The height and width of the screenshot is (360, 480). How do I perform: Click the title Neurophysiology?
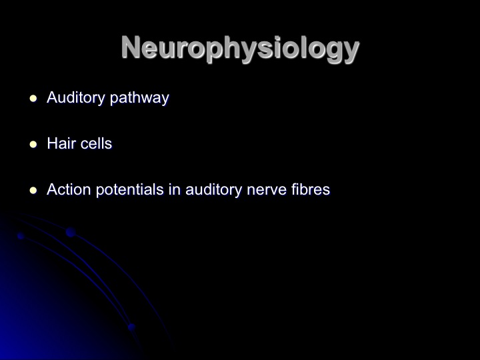pyautogui.click(x=240, y=49)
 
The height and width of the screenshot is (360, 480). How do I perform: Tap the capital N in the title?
pyautogui.click(x=131, y=47)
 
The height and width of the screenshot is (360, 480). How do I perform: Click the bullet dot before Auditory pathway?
pyautogui.click(x=33, y=99)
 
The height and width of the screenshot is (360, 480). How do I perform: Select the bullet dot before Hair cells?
pyautogui.click(x=33, y=145)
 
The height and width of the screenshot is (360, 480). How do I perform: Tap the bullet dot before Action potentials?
pyautogui.click(x=33, y=191)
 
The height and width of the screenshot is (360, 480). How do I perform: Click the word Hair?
pyautogui.click(x=60, y=143)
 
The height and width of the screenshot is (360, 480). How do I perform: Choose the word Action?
pyautogui.click(x=69, y=189)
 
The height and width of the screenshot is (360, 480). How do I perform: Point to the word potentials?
pyautogui.click(x=130, y=190)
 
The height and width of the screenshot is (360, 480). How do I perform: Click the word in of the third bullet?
pyautogui.click(x=175, y=189)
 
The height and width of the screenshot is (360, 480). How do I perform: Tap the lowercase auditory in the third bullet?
pyautogui.click(x=214, y=190)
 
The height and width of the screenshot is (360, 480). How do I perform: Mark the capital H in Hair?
pyautogui.click(x=53, y=143)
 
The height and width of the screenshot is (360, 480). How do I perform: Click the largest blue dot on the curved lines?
pyautogui.click(x=71, y=232)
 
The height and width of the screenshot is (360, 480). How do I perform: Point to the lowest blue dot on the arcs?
pyautogui.click(x=131, y=327)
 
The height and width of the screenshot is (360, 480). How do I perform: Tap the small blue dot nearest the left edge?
pyautogui.click(x=21, y=236)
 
